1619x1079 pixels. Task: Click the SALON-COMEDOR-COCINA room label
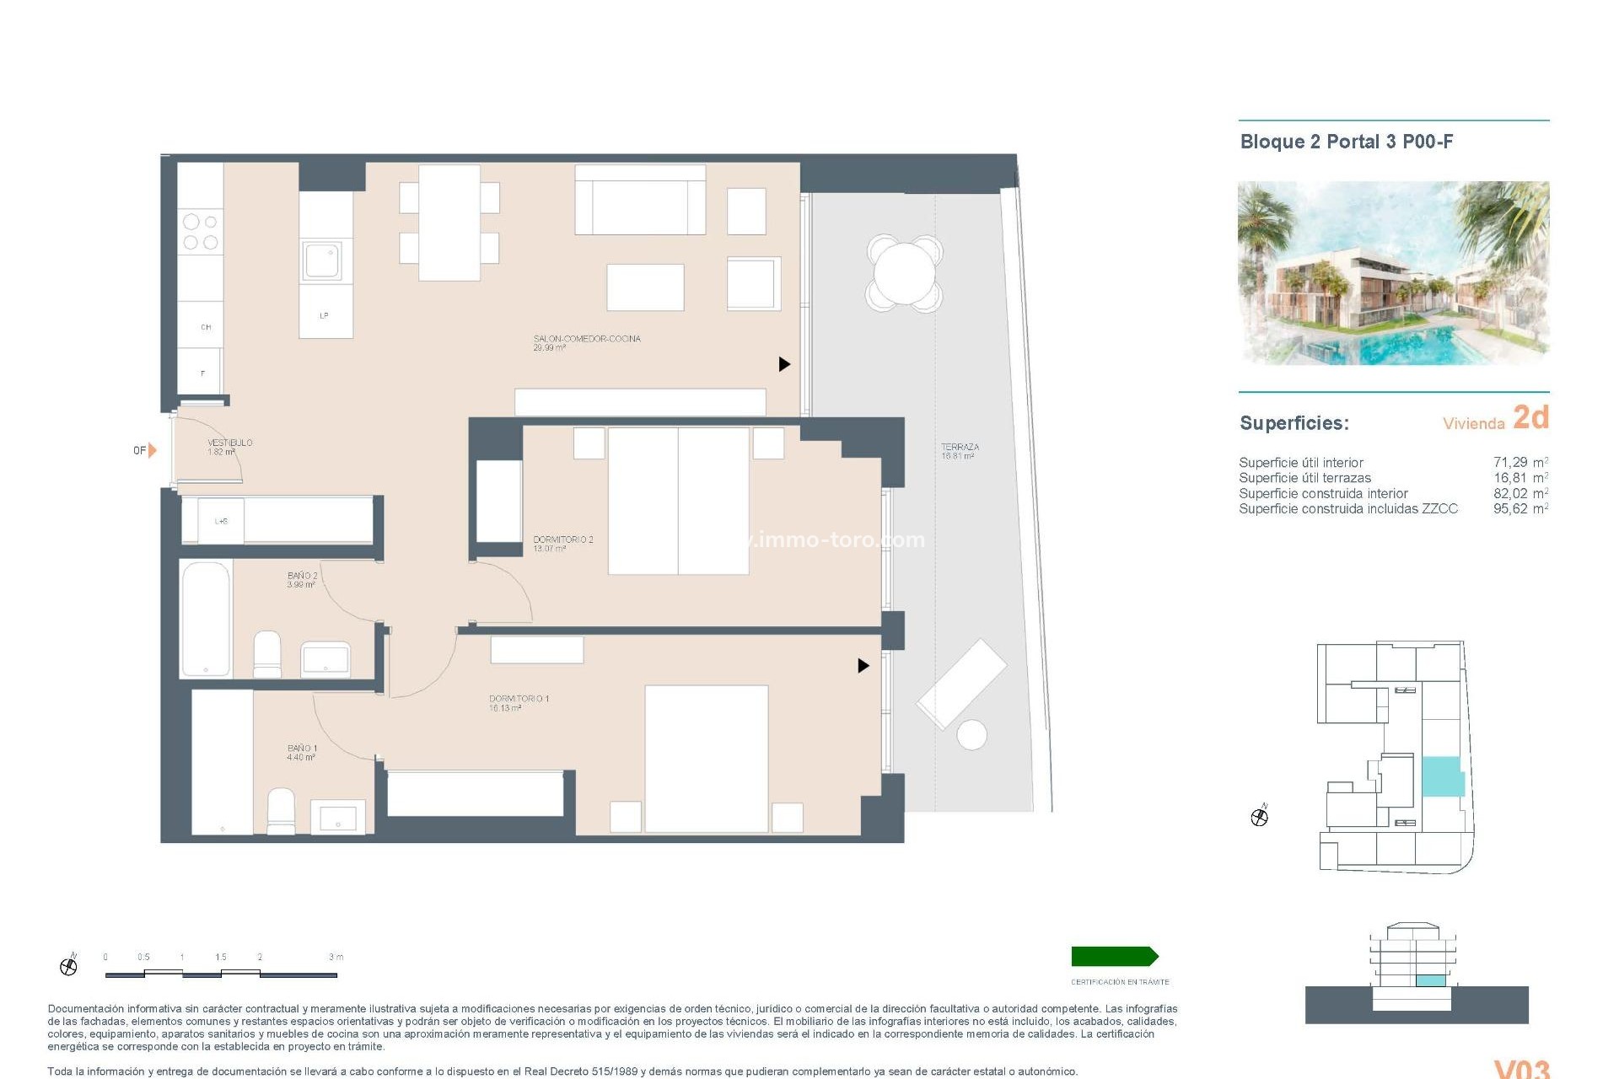pyautogui.click(x=586, y=339)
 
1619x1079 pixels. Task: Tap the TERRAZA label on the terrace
pyautogui.click(x=960, y=448)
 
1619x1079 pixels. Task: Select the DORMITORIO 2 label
pyautogui.click(x=562, y=539)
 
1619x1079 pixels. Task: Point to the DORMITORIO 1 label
pyautogui.click(x=519, y=699)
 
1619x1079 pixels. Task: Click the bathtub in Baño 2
pyautogui.click(x=206, y=619)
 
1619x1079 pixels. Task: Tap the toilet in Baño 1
pyautogui.click(x=281, y=810)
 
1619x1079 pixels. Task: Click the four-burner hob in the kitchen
pyautogui.click(x=201, y=232)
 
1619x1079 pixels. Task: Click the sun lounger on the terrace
pyautogui.click(x=961, y=684)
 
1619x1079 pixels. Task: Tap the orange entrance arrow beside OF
pyautogui.click(x=153, y=450)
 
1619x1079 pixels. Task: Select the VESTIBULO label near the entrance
pyautogui.click(x=229, y=443)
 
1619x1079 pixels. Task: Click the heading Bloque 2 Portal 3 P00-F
pyautogui.click(x=1346, y=142)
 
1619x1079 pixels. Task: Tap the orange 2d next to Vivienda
pyautogui.click(x=1530, y=417)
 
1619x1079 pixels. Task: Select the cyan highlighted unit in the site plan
pyautogui.click(x=1442, y=776)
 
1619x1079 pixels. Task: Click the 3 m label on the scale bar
pyautogui.click(x=336, y=957)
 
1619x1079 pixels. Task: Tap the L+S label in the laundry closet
pyautogui.click(x=221, y=521)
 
